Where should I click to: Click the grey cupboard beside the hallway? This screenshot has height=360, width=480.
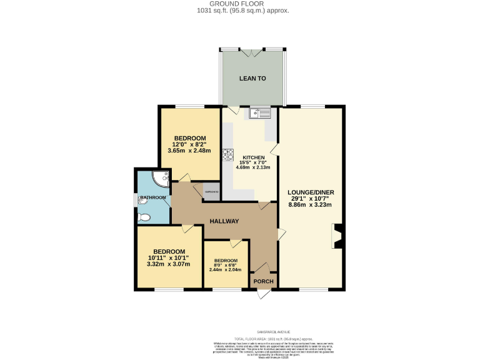point(212,192)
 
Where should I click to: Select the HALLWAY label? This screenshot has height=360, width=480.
point(224,221)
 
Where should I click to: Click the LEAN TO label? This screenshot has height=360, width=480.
point(252,78)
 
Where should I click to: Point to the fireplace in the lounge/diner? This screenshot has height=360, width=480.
point(338,237)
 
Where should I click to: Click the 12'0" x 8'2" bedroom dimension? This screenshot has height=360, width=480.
point(190,144)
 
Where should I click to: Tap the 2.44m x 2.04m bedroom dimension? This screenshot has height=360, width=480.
point(226,269)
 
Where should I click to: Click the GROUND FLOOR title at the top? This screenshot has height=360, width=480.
point(240,4)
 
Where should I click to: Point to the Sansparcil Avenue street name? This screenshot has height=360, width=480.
point(240,332)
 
